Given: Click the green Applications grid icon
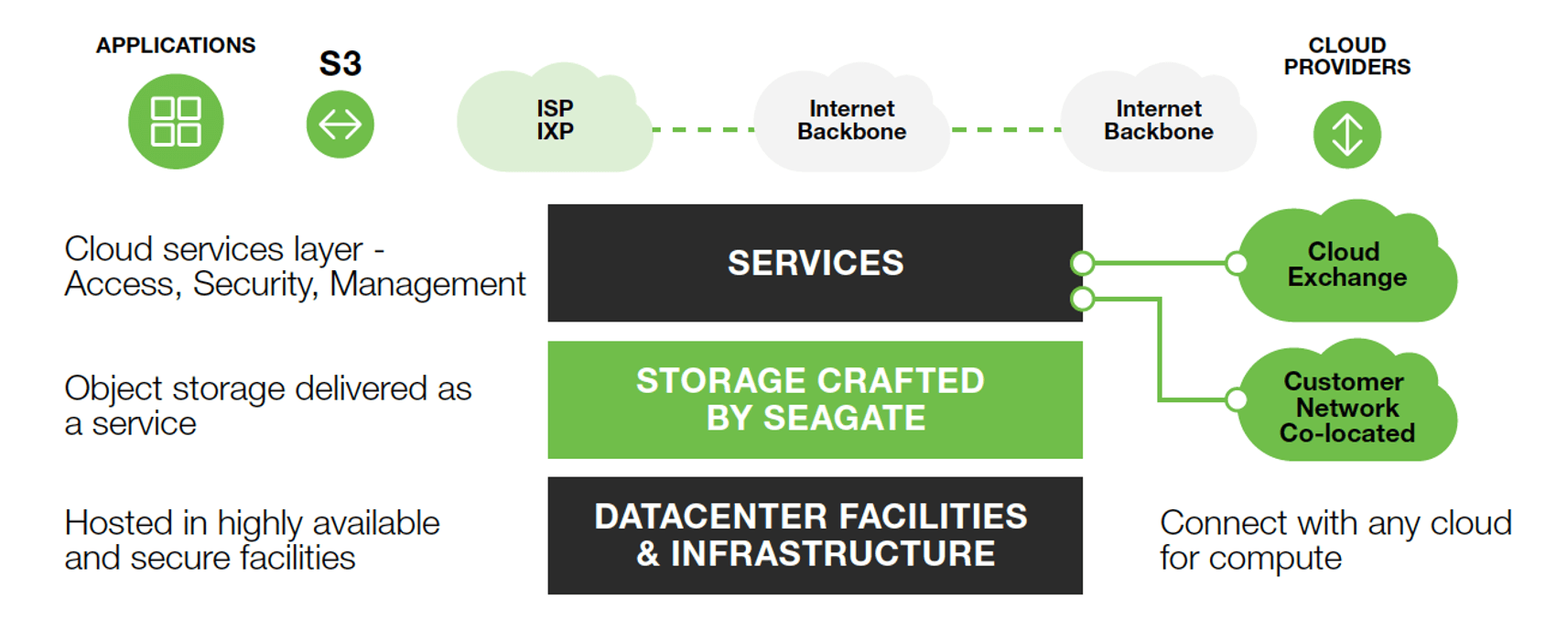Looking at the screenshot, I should (176, 121).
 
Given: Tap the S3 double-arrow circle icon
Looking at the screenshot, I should (340, 124).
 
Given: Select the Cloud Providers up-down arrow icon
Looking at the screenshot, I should (1346, 135).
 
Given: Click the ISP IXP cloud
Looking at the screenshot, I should (555, 120).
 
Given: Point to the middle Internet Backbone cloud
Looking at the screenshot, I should (851, 120).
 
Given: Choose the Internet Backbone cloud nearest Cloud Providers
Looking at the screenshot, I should (1158, 120).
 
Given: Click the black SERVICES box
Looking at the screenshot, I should (815, 263).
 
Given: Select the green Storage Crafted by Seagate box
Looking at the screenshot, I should (815, 399).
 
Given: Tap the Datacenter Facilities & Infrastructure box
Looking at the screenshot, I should (815, 535).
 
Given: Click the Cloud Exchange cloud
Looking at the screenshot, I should (1346, 265).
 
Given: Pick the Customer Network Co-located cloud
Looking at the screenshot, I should (1346, 407).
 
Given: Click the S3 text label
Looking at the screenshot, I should (340, 64).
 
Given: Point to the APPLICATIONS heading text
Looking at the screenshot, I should (176, 45).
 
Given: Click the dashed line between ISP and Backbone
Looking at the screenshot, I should (703, 130).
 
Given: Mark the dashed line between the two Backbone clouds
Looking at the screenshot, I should (1005, 130).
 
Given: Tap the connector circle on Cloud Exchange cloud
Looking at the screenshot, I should (1237, 264).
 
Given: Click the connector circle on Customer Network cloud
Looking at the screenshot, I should (1237, 399).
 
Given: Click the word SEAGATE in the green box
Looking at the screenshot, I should (844, 419).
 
